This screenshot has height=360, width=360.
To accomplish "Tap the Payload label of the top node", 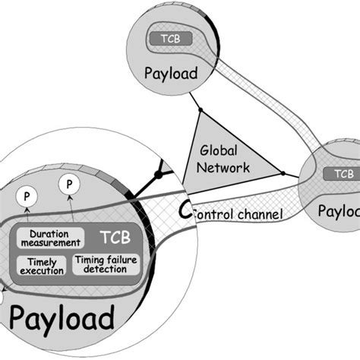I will tap(168, 74).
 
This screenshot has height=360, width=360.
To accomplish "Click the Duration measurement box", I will tap(49, 238).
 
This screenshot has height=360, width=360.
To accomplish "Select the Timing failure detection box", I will tap(103, 265).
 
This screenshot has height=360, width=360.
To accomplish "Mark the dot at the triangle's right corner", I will tap(283, 174).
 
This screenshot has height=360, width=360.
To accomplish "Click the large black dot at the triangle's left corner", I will tap(159, 175).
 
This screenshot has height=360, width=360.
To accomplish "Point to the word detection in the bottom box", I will tap(103, 270).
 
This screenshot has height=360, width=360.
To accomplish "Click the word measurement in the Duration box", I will tap(49, 244).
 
